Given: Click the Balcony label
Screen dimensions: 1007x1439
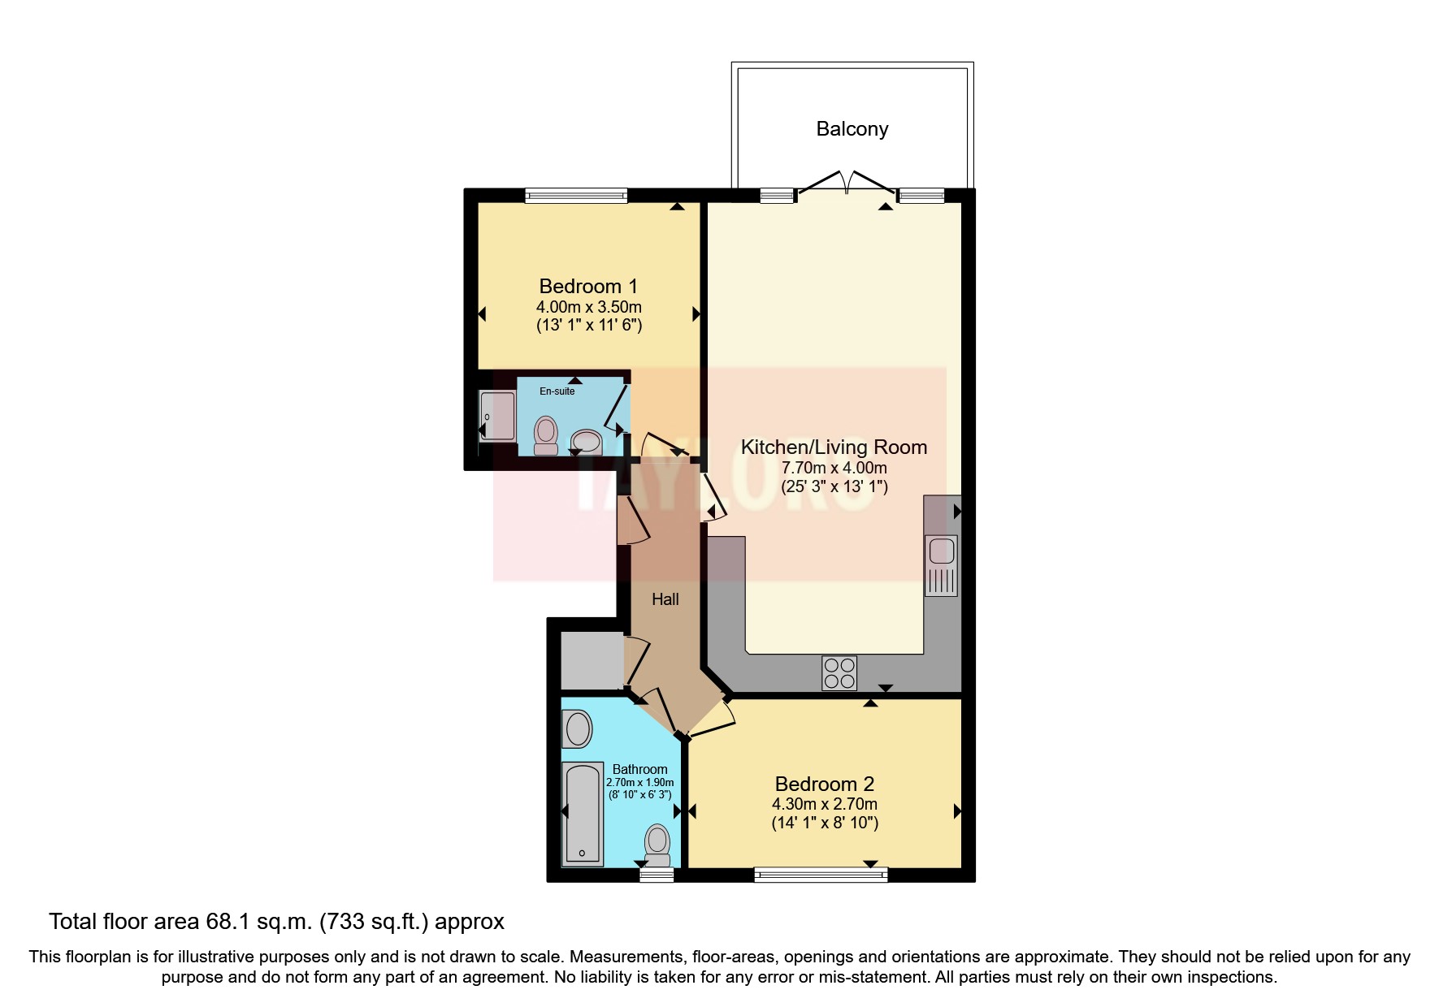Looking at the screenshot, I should [x=852, y=129].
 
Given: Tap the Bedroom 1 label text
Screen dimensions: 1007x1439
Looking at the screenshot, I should [x=588, y=287].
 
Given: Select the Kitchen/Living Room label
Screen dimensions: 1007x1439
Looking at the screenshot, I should [x=834, y=447].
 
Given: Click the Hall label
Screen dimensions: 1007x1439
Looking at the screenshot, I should [x=665, y=599].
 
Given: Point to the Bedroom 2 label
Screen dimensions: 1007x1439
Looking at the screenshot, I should [x=824, y=784].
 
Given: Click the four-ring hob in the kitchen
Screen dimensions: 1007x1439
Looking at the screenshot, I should [x=839, y=673].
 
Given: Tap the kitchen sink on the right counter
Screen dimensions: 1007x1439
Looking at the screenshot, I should [x=942, y=551].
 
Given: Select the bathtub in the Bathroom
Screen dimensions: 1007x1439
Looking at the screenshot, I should [x=583, y=814].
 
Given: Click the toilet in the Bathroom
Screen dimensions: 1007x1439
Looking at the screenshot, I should [x=657, y=845].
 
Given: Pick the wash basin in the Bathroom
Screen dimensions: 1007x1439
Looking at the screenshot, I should [x=578, y=728].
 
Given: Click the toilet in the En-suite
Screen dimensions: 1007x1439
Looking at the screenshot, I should [x=546, y=434].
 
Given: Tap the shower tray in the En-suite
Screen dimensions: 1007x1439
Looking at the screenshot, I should [x=497, y=417].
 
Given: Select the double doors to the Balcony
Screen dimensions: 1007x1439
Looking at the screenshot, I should [x=847, y=183].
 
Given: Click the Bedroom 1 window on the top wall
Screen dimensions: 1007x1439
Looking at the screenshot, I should [x=576, y=195].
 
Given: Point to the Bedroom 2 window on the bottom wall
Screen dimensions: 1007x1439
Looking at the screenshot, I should [x=821, y=875].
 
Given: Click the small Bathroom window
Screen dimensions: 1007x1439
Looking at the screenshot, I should [x=657, y=875].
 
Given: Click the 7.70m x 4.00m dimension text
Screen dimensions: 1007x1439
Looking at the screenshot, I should [x=834, y=468].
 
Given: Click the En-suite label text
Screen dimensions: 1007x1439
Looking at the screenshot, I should [x=557, y=391].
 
